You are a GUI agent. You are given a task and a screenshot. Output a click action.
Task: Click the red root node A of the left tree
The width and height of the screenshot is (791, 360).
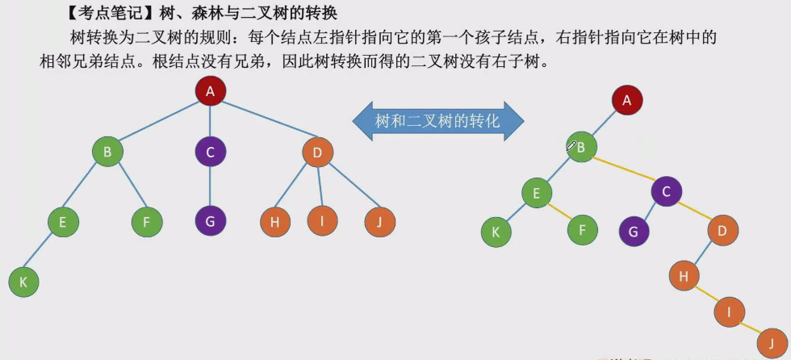(x=210, y=90)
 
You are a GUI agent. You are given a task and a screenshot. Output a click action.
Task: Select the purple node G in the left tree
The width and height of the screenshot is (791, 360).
(x=211, y=220)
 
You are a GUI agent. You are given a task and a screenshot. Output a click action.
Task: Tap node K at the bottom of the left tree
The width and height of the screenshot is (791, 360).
(x=23, y=282)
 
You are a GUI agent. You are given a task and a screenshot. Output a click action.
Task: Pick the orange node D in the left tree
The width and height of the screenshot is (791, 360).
(x=318, y=152)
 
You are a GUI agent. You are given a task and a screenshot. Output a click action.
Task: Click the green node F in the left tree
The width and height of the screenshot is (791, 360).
(x=147, y=222)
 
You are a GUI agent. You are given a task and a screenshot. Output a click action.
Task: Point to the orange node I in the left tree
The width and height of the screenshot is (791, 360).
(x=323, y=220)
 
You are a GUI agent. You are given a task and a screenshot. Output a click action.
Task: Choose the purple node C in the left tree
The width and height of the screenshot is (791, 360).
(x=211, y=152)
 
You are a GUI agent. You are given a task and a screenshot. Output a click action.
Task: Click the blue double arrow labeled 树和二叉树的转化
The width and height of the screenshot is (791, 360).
(x=438, y=122)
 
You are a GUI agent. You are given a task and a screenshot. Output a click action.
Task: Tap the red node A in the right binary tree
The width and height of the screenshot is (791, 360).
(x=627, y=101)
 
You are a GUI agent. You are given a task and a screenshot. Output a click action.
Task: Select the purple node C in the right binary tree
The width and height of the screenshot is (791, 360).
(x=667, y=191)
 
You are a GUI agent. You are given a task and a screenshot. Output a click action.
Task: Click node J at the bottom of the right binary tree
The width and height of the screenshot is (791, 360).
(x=772, y=341)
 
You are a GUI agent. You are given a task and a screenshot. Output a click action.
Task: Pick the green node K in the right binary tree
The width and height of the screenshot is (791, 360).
(x=496, y=232)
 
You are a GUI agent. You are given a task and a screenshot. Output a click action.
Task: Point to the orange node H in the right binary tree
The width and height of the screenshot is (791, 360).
(x=684, y=276)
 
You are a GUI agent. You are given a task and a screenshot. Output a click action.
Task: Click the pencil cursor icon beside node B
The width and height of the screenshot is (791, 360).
(x=571, y=145)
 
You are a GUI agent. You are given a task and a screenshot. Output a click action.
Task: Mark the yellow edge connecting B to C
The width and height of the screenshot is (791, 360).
(x=623, y=170)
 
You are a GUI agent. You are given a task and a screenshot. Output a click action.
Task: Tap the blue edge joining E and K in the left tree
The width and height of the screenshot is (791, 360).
(x=43, y=252)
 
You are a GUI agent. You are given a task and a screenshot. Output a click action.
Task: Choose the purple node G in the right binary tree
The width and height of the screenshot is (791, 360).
(x=634, y=232)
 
